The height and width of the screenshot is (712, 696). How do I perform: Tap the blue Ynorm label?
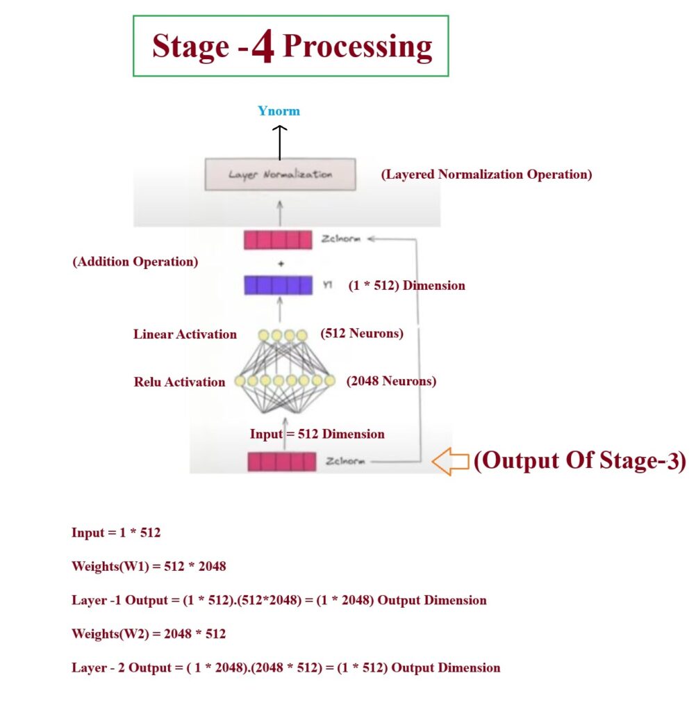tap(279, 111)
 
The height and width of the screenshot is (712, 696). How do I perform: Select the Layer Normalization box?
tap(280, 174)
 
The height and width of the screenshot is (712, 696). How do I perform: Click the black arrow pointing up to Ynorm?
tap(279, 142)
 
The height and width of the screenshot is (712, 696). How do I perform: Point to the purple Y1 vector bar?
tap(278, 285)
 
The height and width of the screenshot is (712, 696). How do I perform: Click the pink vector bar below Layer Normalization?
tap(278, 240)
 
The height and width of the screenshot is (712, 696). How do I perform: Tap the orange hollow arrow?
tap(450, 462)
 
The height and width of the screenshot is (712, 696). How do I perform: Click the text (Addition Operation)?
tap(135, 262)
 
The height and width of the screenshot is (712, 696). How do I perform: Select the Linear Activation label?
tap(185, 334)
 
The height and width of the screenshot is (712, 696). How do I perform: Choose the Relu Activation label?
tap(179, 382)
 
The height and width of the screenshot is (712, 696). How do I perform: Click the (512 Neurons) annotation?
tap(361, 334)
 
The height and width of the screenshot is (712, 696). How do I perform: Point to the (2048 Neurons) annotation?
tap(391, 381)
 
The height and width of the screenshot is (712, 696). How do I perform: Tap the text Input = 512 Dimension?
tap(317, 434)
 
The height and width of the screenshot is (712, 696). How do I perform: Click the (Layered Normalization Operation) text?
tap(486, 175)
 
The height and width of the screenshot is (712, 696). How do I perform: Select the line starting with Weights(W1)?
tap(149, 566)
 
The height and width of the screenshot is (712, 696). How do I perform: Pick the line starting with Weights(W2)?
tap(149, 633)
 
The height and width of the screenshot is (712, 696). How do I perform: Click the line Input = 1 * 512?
tap(116, 533)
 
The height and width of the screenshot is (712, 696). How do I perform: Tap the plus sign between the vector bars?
tap(279, 263)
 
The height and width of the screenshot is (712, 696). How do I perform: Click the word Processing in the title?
tap(358, 47)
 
